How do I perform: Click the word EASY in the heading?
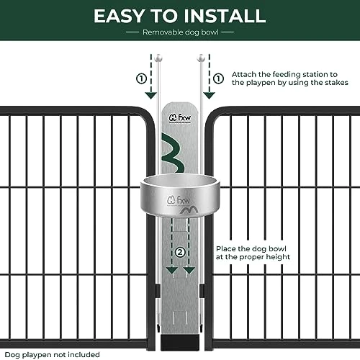click(x=125, y=16)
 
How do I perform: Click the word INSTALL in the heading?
click(x=226, y=16)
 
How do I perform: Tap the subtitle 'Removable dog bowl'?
click(x=180, y=33)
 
